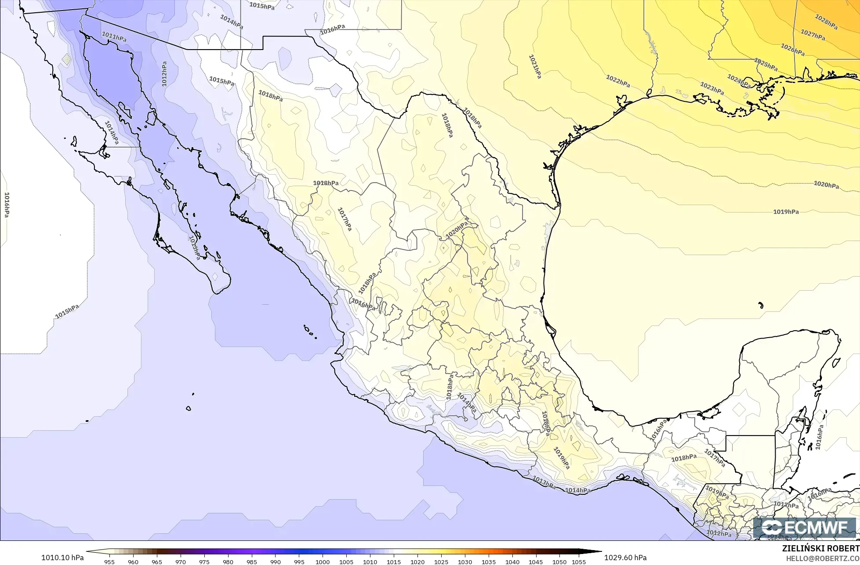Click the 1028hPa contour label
(x=826, y=22)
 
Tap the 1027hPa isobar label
(x=813, y=35)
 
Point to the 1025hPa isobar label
(x=766, y=65)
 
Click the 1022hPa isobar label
(x=618, y=81)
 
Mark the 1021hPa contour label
(x=535, y=66)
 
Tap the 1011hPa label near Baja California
(x=114, y=36)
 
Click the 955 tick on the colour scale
(x=109, y=561)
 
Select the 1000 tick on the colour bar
(x=323, y=561)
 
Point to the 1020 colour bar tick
(x=417, y=561)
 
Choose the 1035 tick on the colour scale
(x=489, y=561)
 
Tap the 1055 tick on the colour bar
(x=579, y=561)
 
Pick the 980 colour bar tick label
(x=228, y=561)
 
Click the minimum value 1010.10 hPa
(x=62, y=558)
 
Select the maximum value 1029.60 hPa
(x=625, y=558)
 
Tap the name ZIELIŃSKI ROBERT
(x=820, y=549)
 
